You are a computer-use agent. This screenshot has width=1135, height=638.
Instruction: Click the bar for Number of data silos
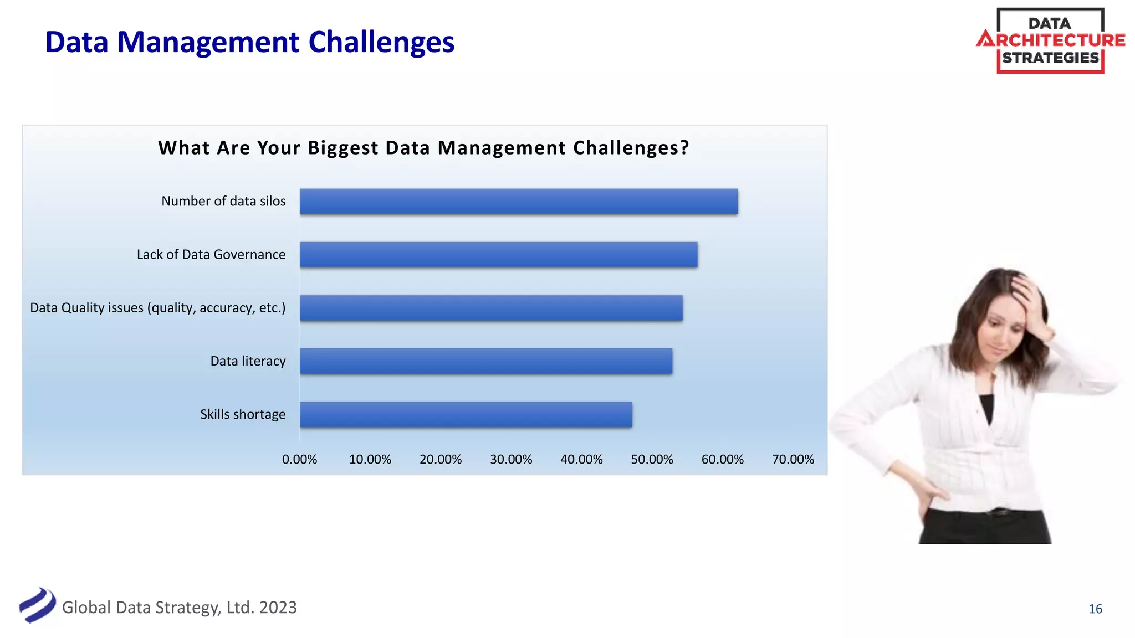[x=519, y=201]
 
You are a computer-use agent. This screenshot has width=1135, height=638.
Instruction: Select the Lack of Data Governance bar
[x=499, y=255]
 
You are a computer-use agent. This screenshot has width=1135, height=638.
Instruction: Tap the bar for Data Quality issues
[x=491, y=308]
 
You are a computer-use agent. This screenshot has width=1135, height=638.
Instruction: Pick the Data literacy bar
[x=486, y=361]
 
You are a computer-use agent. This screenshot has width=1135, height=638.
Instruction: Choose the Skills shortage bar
[x=466, y=414]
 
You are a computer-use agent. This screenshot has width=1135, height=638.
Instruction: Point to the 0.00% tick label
[x=299, y=460]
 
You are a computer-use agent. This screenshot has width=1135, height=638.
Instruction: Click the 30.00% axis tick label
[x=511, y=460]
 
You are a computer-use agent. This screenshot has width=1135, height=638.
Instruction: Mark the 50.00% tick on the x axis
[x=652, y=460]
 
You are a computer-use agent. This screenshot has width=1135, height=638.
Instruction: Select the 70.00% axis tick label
[x=793, y=460]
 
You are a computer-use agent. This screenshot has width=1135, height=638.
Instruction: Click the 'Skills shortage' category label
[x=243, y=414]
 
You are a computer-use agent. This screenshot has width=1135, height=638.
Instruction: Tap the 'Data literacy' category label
[x=248, y=361]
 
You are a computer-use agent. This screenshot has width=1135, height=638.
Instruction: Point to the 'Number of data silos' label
[x=223, y=201]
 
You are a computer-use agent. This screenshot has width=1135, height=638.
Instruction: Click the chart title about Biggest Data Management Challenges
[x=423, y=148]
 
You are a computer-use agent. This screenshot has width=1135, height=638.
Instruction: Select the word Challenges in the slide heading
[x=381, y=42]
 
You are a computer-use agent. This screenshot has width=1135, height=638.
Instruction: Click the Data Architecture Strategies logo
[x=1051, y=40]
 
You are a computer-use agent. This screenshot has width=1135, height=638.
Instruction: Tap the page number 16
[x=1095, y=609]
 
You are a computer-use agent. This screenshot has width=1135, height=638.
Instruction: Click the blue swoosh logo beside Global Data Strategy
[x=37, y=605]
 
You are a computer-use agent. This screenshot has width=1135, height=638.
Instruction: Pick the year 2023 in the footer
[x=278, y=608]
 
